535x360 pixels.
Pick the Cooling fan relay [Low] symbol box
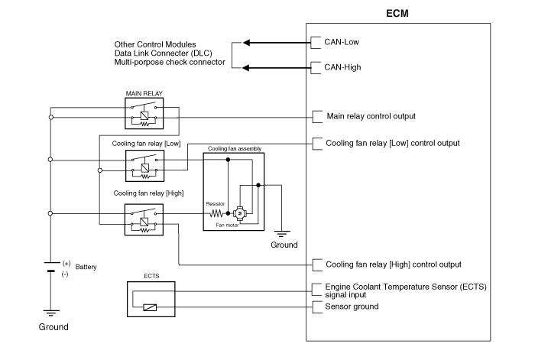coord(144,165)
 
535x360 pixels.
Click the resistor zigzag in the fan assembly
coord(216,215)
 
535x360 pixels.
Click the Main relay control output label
coord(370,116)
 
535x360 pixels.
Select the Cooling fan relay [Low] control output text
coord(392,143)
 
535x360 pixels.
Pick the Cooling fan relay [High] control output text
coord(393,264)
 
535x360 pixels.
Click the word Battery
coord(86,267)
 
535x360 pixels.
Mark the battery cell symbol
coord(50,265)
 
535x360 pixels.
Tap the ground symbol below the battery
coord(50,312)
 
